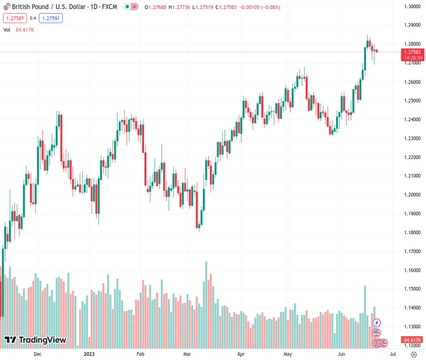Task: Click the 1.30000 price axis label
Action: click(x=411, y=7)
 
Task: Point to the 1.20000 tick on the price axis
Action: click(x=411, y=195)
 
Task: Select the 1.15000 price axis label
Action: click(x=411, y=289)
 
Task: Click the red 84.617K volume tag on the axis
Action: click(x=411, y=339)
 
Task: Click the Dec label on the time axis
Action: click(x=38, y=354)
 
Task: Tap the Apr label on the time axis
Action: click(x=241, y=354)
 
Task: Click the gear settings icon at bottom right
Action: click(x=413, y=354)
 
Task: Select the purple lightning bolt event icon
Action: click(x=377, y=323)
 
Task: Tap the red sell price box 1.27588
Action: click(x=14, y=18)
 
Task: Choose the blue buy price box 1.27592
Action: click(x=50, y=18)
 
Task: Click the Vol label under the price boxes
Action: click(x=7, y=29)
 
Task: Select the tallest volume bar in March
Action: click(x=206, y=304)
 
